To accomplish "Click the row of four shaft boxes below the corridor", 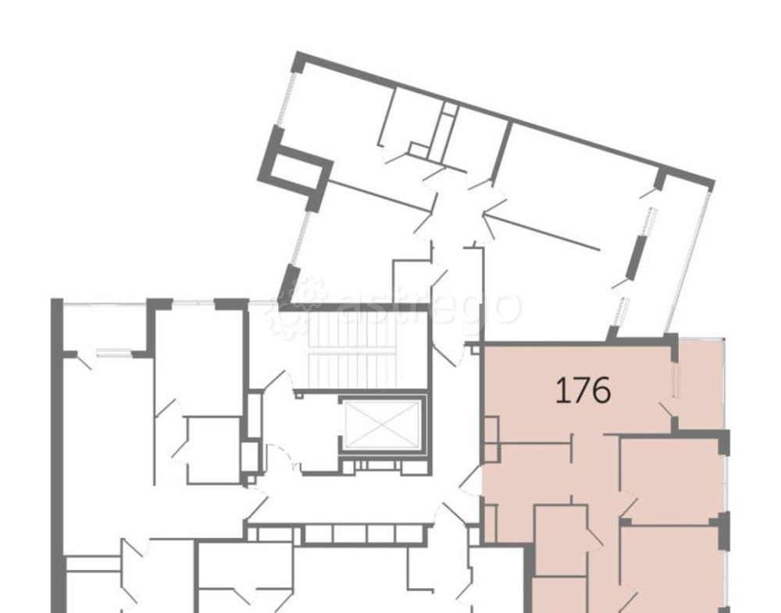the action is pos(364,533).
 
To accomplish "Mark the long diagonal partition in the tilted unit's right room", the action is pos(541,232).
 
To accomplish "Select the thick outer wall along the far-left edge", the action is pos(58,455).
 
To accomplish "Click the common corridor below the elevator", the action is pos(348,500).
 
